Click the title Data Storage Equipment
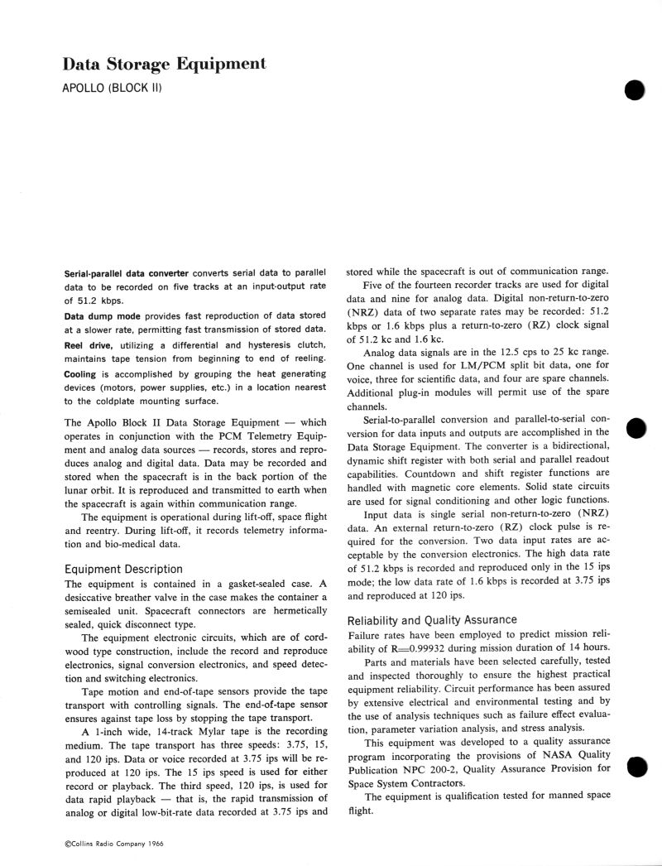coord(165,63)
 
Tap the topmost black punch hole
coord(635,91)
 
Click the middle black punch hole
coord(635,427)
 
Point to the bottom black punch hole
coord(635,767)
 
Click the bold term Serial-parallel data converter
coord(127,272)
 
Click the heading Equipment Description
coord(123,569)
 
